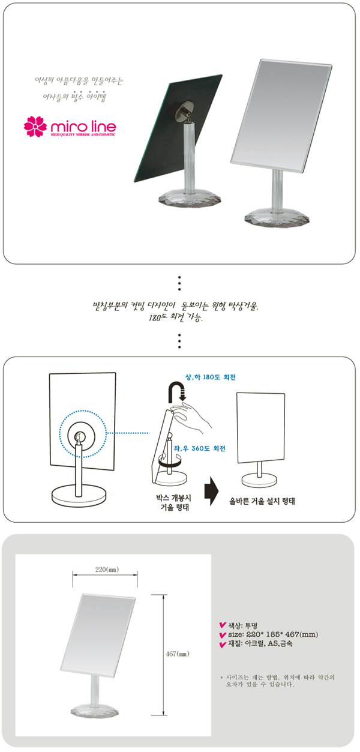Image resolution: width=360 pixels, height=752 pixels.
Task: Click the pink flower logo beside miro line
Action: click(35, 127)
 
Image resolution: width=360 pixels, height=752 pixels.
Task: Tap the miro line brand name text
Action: click(83, 126)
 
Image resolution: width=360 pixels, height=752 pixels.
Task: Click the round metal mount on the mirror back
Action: click(185, 110)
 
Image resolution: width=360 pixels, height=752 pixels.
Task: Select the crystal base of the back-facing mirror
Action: click(190, 200)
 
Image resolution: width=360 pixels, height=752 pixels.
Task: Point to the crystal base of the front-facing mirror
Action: click(277, 218)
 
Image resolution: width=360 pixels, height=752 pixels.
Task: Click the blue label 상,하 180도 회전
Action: click(211, 377)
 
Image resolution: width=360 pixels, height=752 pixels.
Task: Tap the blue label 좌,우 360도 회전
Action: click(199, 448)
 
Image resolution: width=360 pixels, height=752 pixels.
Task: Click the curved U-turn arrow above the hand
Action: click(176, 392)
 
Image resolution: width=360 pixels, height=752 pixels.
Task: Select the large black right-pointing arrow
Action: click(211, 491)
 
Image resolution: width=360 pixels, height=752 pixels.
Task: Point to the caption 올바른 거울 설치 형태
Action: click(262, 501)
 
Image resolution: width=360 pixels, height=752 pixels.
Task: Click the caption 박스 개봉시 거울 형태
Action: click(174, 502)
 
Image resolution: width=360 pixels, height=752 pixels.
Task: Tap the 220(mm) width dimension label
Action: click(107, 570)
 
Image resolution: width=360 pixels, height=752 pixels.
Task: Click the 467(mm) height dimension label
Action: click(178, 654)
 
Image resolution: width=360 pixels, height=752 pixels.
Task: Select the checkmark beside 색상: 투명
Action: click(223, 625)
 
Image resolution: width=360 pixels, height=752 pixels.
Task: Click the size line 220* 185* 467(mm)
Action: click(273, 634)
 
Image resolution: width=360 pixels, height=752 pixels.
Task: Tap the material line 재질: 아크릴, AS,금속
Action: click(260, 643)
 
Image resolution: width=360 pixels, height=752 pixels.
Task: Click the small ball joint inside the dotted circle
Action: click(79, 437)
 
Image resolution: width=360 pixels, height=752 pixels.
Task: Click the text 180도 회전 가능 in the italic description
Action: click(175, 317)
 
